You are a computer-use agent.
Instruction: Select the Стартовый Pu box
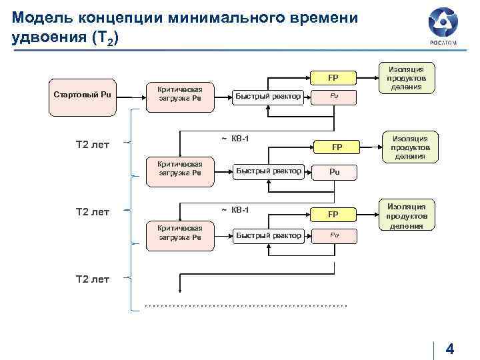click(x=82, y=95)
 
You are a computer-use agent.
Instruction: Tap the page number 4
click(x=449, y=349)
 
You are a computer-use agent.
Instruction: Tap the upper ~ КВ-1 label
click(x=235, y=139)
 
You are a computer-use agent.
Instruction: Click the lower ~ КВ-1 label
click(x=235, y=210)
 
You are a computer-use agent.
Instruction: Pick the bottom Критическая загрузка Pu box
click(x=180, y=233)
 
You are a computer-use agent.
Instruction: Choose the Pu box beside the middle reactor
click(x=335, y=171)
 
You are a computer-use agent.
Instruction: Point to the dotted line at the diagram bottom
click(x=246, y=305)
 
